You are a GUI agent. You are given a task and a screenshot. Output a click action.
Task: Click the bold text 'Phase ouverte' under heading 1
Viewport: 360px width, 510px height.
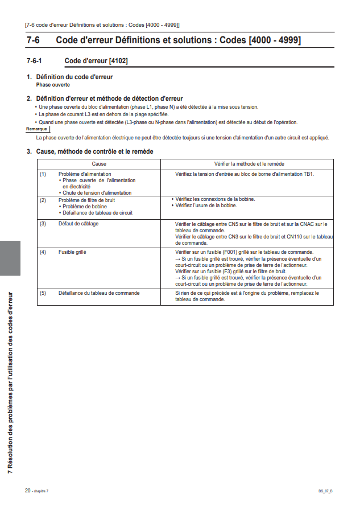pos(53,84)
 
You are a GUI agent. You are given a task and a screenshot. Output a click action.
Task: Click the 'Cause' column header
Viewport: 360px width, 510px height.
pos(99,163)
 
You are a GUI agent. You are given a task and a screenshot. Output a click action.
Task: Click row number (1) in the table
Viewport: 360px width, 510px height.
pos(43,174)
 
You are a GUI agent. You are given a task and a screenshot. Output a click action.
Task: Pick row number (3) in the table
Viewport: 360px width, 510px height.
pos(43,224)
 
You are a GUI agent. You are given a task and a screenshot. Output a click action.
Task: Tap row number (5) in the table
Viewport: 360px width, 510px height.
pos(43,293)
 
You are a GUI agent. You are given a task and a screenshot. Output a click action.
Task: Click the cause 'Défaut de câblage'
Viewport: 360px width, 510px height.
pos(78,224)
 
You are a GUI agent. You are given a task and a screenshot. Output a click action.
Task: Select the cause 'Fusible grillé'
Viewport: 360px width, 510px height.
pos(73,251)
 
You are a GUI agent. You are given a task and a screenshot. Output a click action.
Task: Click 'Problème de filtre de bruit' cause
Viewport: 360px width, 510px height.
pos(86,200)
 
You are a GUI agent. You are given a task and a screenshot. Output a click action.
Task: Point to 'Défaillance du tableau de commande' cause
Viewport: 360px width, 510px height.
pos(99,293)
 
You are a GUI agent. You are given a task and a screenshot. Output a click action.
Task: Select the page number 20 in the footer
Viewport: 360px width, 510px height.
pos(27,490)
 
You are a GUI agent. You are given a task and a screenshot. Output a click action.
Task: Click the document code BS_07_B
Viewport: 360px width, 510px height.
pos(325,491)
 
